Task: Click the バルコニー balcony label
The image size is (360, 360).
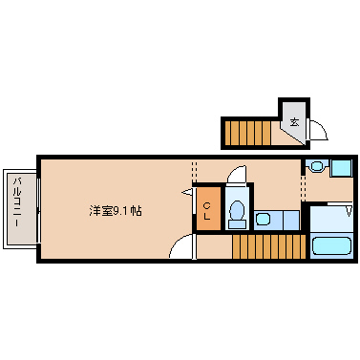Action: point(17,202)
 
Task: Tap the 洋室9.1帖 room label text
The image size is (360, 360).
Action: point(116,210)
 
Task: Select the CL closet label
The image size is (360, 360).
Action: point(207,211)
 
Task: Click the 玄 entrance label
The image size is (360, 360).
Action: point(295,122)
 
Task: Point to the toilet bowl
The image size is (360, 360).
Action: point(237,209)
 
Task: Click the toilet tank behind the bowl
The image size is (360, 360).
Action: point(237,223)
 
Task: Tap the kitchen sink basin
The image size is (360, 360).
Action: point(264,220)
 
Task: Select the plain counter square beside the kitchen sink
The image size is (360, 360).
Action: point(291,220)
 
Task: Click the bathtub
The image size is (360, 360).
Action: point(331,245)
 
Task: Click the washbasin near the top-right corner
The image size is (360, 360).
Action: point(317,166)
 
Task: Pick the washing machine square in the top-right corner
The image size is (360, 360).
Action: point(341,168)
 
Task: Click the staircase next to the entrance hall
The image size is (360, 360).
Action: point(247,133)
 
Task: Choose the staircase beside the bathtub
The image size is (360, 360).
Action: point(269,246)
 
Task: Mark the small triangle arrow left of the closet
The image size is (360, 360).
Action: point(187,192)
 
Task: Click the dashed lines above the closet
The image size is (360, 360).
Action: point(194,172)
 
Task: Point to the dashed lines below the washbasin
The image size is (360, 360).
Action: point(303,187)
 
